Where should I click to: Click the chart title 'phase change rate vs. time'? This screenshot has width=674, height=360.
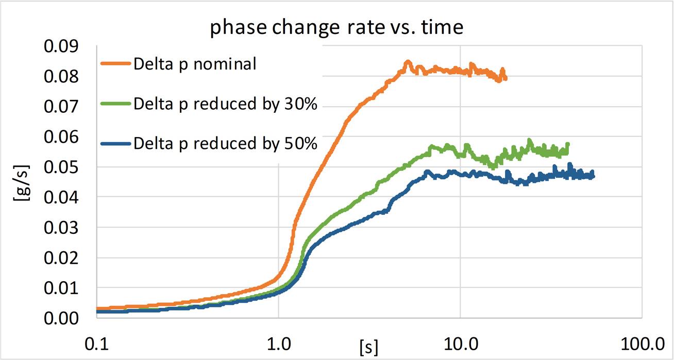pos(336,27)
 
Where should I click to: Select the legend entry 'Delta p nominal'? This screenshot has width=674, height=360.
pos(194,64)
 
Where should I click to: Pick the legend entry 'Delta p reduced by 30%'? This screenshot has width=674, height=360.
pos(225,104)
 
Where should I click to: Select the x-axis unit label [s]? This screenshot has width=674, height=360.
pos(369,347)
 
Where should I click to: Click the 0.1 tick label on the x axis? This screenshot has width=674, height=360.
pos(96,342)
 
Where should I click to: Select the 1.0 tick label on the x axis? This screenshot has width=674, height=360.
pos(278,342)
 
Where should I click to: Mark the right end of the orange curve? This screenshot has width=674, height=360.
pos(506,78)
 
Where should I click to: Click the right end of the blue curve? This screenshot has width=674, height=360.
pos(593,177)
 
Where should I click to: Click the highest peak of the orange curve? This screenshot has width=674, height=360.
pos(408,62)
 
